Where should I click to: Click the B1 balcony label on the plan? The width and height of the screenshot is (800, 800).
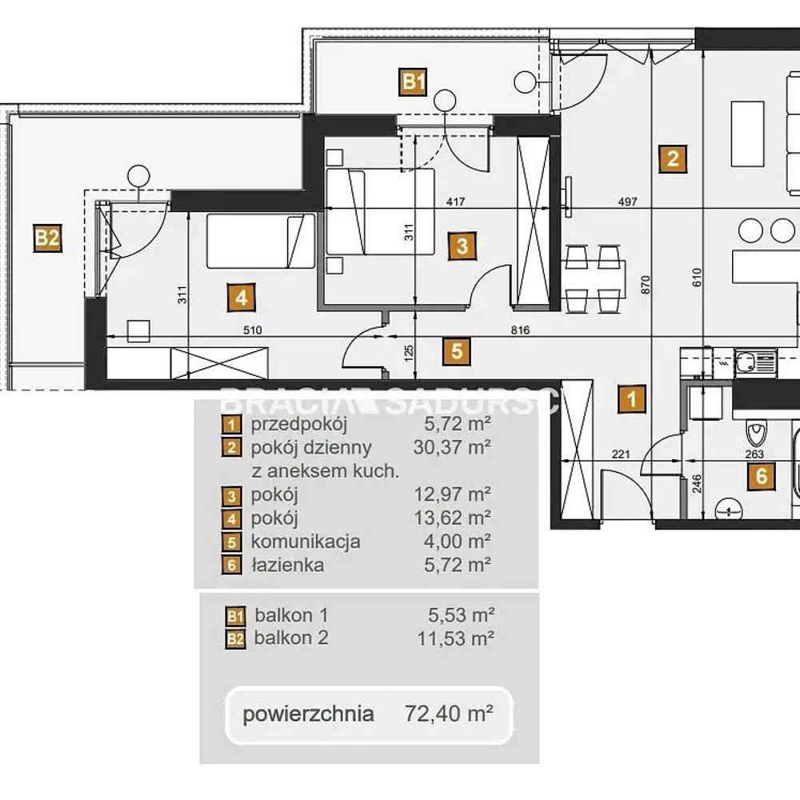pos(413,82)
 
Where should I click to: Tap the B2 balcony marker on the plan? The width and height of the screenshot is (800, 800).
pos(47,238)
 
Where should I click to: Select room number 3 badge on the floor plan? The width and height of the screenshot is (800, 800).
pos(462,246)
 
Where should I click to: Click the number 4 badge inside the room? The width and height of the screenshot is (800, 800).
pos(242,298)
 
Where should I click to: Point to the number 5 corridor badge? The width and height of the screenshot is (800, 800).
pos(457,351)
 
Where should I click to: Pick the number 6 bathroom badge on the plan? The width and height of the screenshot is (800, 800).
pos(762,476)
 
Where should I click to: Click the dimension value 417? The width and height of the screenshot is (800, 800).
pos(456,202)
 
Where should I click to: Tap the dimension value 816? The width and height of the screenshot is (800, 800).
pos(520,330)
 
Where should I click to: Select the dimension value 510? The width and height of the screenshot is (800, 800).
pos(252,330)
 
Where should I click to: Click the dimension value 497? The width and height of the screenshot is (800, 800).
pos(627,202)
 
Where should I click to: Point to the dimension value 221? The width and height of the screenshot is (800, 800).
pos(621,454)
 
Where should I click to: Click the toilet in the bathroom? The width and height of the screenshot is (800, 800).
pos(756,433)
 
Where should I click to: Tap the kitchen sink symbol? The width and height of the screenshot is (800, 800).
pos(746,363)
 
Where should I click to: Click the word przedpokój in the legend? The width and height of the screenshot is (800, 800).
pos(299,424)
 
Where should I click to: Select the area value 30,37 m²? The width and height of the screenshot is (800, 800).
pos(452,447)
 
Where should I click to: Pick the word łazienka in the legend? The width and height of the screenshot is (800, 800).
pos(288,566)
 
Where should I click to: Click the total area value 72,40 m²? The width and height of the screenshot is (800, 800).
pos(449,714)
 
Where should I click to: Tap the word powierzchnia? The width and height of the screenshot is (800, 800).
pos(308,714)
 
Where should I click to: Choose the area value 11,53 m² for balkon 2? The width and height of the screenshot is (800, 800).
pos(456,638)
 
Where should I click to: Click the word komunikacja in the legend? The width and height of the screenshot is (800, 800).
pos(306,542)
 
